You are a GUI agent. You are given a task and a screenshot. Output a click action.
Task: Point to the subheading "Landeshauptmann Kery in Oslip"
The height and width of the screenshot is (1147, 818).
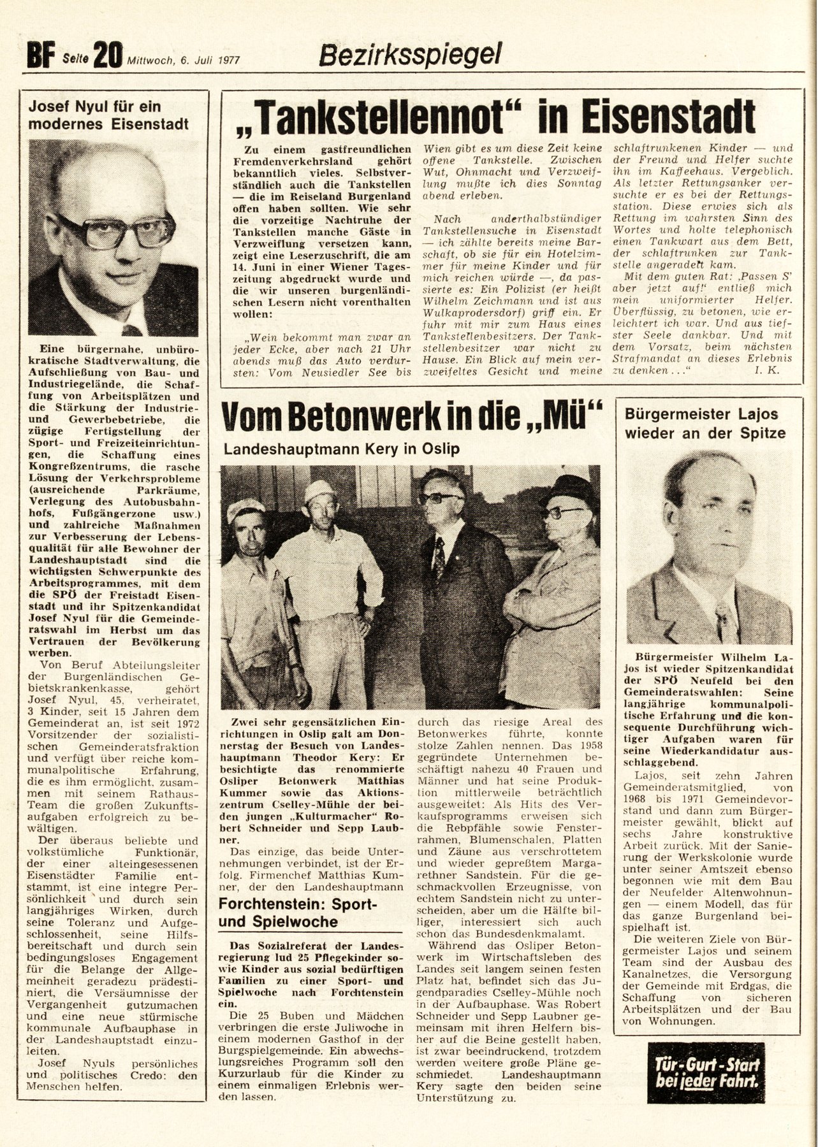pos(341,449)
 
